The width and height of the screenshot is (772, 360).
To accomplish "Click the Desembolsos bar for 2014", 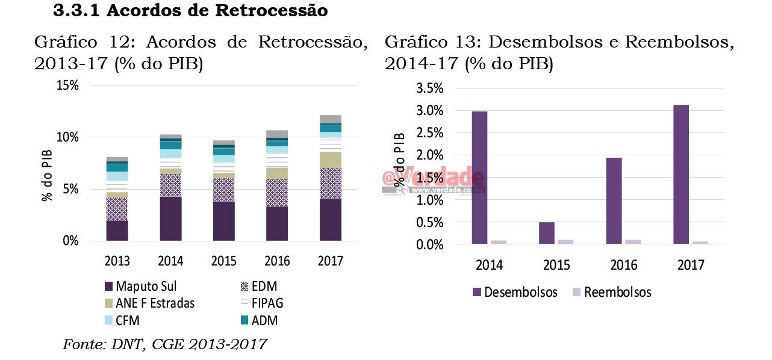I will pos(480,178).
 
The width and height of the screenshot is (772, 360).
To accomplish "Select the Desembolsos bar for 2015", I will pos(547,233).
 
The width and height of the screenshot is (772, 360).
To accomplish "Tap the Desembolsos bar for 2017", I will pos(681,175).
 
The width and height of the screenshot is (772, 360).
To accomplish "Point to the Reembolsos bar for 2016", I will pos(633,242).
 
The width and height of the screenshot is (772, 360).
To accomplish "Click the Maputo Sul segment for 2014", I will pos(170,219).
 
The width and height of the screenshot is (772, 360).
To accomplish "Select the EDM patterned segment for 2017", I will pos(330,184).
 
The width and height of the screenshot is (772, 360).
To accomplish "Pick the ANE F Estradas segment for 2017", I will pos(330,160).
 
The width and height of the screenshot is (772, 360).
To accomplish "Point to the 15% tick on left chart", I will pos(67,85).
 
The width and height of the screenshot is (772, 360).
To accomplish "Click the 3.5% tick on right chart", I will pos(430,88).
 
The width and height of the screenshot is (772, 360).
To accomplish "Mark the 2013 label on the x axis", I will pos(117,261).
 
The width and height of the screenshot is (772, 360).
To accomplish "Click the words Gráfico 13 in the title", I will pos(425,43).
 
